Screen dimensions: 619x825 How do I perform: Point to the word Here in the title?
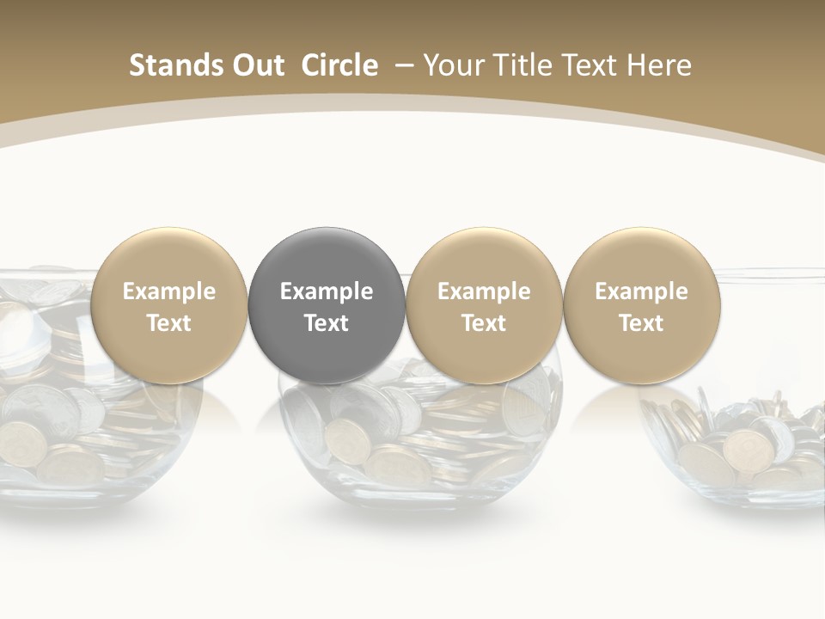pos(661,65)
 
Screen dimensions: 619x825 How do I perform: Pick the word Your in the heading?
pos(452,65)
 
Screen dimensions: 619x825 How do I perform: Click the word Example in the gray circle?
pos(327,291)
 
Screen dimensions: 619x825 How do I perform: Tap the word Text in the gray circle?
pos(327,323)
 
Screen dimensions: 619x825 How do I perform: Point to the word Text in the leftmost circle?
pos(169,323)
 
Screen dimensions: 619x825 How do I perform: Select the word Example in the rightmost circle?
pos(641,291)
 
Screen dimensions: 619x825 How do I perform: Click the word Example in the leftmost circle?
pos(169,291)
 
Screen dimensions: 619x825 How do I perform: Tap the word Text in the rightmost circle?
pos(641,323)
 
